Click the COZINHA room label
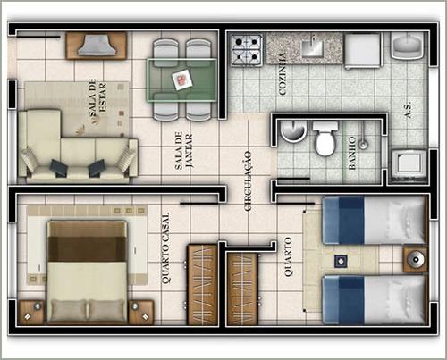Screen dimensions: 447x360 (283, 73)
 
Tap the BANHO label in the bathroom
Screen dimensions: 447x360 (352, 153)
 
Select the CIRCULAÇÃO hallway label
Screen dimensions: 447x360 (248, 181)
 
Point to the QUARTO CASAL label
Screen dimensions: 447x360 (165, 247)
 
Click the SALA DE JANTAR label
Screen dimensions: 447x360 (184, 151)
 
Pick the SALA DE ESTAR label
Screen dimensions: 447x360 (97, 96)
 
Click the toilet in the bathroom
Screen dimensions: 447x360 (325, 138)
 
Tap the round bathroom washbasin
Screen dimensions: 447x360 (293, 131)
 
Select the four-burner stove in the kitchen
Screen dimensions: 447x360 (247, 49)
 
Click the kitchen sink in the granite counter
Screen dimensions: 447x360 (312, 46)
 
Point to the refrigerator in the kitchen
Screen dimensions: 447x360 (363, 50)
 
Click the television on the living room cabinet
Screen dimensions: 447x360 (96, 46)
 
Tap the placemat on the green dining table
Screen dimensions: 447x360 (182, 80)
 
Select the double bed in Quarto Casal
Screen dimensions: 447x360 (87, 272)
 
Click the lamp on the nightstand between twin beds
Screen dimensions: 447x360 (415, 259)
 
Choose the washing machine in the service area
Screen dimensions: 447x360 (409, 165)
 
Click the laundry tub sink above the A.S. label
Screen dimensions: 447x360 (407, 46)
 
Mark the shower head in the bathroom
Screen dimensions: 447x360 (363, 145)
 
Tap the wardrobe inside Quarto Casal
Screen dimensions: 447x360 (202, 285)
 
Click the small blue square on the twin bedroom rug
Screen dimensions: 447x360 (340, 261)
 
